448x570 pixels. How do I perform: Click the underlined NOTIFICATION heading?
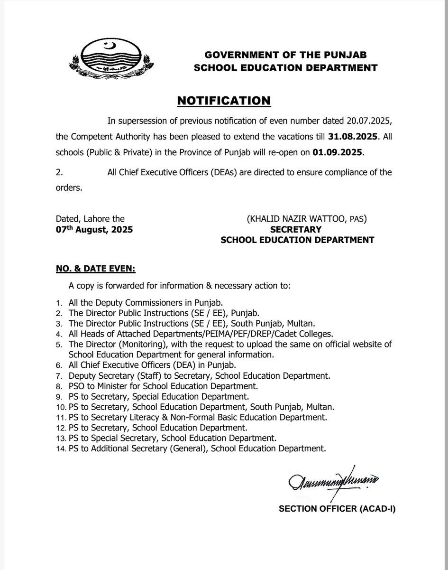click(224, 101)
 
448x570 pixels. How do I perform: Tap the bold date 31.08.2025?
click(353, 137)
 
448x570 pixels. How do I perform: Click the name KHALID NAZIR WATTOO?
click(297, 219)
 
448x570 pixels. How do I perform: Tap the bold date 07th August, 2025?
click(94, 230)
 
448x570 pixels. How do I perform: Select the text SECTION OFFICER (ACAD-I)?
click(337, 509)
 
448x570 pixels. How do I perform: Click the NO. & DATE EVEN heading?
click(96, 269)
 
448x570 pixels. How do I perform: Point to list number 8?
click(59, 386)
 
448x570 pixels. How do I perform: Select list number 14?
click(60, 449)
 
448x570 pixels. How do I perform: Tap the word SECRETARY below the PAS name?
click(297, 230)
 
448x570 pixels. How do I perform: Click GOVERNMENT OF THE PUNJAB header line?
click(285, 55)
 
